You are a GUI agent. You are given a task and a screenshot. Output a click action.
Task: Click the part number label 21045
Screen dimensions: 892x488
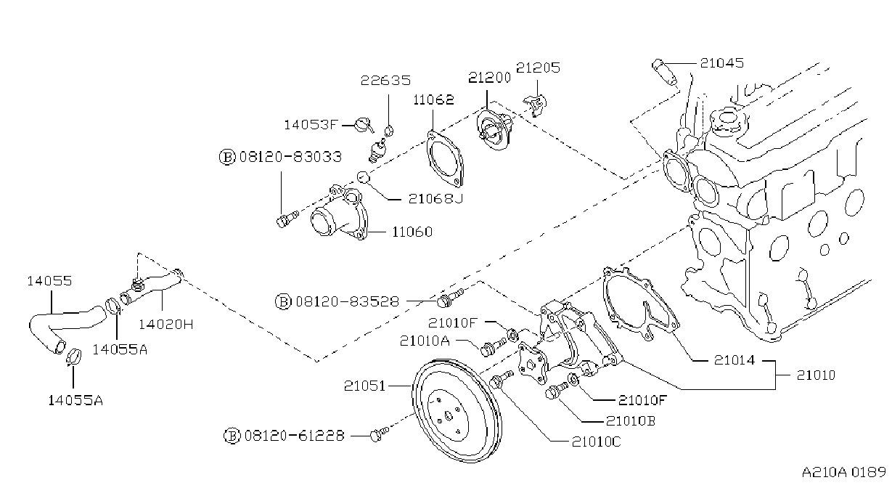[722, 63]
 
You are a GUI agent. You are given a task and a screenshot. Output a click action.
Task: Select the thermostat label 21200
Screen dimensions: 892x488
[489, 77]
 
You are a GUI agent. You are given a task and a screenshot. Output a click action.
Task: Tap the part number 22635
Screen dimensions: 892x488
[385, 81]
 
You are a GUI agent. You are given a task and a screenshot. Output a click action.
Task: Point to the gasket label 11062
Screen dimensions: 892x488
[433, 99]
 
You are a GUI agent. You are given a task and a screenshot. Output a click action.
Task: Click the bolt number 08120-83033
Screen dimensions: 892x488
[291, 157]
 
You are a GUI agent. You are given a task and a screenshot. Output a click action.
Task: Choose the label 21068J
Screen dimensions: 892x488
[436, 198]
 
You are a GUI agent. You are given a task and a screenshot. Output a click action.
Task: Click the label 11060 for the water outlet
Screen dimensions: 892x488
[412, 232]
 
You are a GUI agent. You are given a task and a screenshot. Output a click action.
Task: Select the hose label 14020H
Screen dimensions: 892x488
[165, 325]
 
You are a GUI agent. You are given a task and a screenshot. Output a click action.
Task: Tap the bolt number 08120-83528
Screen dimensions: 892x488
[347, 301]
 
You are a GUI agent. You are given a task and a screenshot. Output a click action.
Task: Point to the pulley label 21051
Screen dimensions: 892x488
[365, 386]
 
